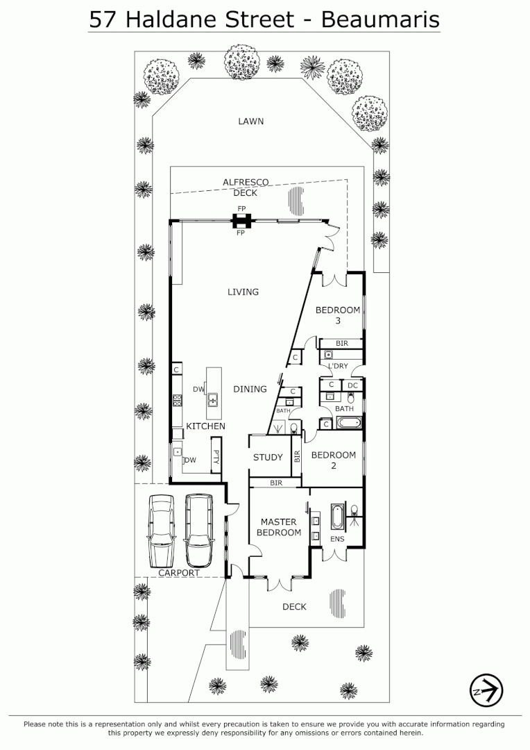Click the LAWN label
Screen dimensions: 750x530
click(x=250, y=122)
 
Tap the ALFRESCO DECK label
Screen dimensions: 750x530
click(x=246, y=187)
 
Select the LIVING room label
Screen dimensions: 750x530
click(x=243, y=292)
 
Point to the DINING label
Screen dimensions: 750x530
click(x=250, y=390)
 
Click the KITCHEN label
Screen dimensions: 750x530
click(x=205, y=426)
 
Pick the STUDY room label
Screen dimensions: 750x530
click(x=268, y=457)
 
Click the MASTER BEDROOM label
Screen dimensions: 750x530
click(x=279, y=527)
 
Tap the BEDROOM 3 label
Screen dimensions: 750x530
click(x=338, y=315)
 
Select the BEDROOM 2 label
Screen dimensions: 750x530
click(x=333, y=460)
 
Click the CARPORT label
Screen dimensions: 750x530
click(x=179, y=573)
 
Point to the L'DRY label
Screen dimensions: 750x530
click(x=338, y=366)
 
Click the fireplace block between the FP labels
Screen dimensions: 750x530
click(x=241, y=221)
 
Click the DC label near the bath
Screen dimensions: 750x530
click(x=352, y=385)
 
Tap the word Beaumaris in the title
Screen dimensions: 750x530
click(x=380, y=19)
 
